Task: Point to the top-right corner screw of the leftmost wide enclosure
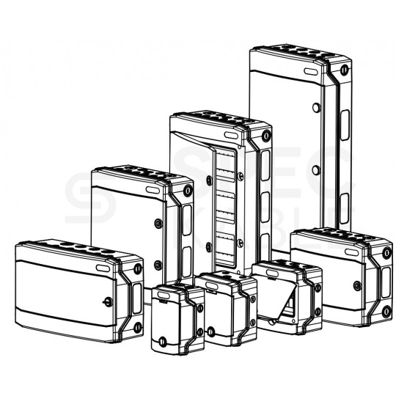(139, 267)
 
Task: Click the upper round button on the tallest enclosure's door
(315, 108)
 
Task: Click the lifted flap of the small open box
(282, 301)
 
